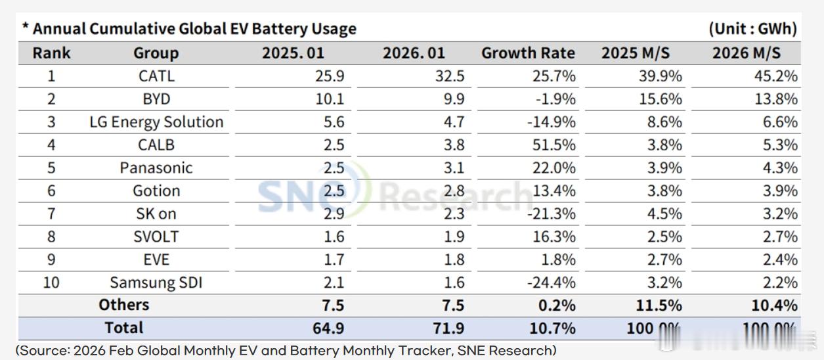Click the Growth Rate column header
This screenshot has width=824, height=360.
click(528, 53)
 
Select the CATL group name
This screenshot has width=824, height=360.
click(156, 76)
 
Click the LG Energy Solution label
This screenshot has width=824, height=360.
click(156, 122)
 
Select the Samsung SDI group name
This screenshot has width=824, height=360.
click(156, 282)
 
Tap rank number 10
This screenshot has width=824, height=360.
click(51, 282)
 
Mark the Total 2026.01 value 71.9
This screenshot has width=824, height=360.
click(448, 328)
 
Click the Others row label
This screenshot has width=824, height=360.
click(124, 305)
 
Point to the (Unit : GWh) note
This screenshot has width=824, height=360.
click(752, 29)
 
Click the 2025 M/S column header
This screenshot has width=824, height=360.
click(635, 53)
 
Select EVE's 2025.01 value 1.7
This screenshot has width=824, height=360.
click(334, 259)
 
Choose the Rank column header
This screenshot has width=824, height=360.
click(51, 53)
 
